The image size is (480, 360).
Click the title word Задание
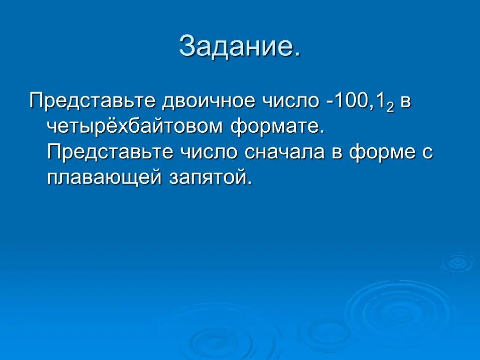(x=240, y=46)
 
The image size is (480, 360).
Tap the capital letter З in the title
(x=188, y=46)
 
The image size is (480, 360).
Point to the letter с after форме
(x=426, y=153)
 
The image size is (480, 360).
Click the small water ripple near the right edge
(x=457, y=262)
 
